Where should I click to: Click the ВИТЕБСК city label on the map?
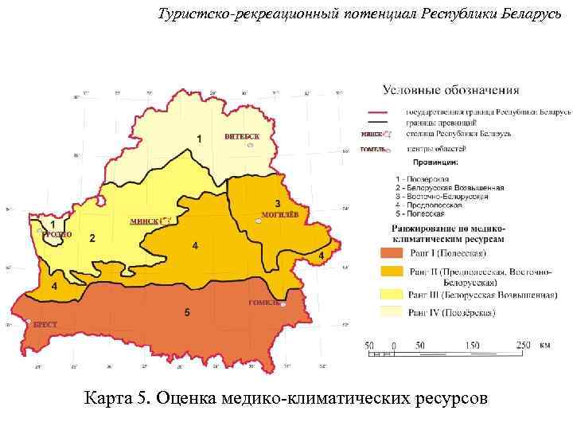click(x=242, y=137)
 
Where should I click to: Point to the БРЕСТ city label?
click(x=45, y=325)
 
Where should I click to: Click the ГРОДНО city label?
click(x=57, y=235)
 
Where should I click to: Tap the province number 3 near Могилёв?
click(x=277, y=202)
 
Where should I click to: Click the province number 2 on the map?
click(x=92, y=238)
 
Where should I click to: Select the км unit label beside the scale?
click(x=544, y=346)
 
